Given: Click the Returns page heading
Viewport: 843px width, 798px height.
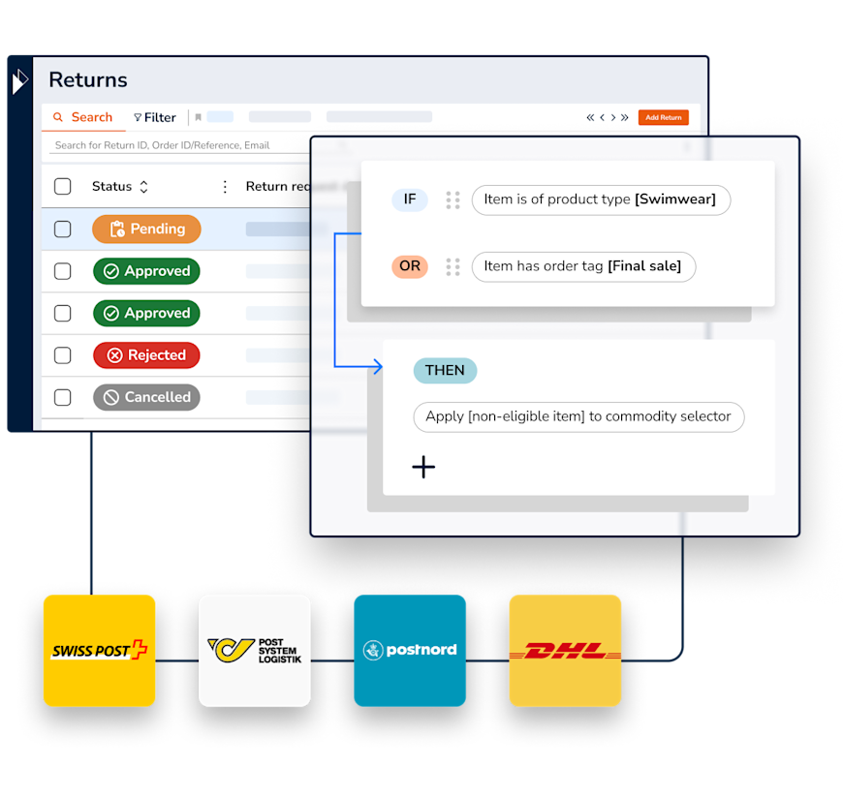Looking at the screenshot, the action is click(x=88, y=80).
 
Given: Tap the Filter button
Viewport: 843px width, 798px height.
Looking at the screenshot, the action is click(x=155, y=117).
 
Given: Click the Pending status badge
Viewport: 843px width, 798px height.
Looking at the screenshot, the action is click(x=146, y=230).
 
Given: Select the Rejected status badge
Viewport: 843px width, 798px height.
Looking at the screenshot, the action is click(x=146, y=355).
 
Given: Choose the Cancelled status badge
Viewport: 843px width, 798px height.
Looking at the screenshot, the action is click(x=146, y=397).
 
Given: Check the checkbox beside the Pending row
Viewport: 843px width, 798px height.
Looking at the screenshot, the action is click(x=63, y=230).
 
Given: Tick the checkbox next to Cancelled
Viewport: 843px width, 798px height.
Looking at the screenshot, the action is click(x=63, y=397).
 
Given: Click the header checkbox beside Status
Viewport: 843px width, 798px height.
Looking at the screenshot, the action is click(x=63, y=187).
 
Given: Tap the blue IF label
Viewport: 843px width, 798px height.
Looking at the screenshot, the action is click(x=410, y=199).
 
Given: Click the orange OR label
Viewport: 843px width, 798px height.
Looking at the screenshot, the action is click(x=410, y=266).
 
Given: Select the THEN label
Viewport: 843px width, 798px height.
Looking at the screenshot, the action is click(x=445, y=370).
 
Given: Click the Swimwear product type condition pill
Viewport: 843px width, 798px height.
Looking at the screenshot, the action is click(x=601, y=199).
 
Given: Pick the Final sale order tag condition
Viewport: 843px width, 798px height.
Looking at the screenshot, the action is click(x=583, y=266).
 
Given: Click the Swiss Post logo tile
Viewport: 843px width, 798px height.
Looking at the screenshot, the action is click(x=99, y=650).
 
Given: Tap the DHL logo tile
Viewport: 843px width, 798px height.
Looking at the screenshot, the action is click(x=565, y=650).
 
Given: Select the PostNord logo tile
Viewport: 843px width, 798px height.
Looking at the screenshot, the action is click(x=410, y=650).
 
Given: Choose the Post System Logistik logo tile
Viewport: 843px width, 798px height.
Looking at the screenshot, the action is click(x=255, y=650).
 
